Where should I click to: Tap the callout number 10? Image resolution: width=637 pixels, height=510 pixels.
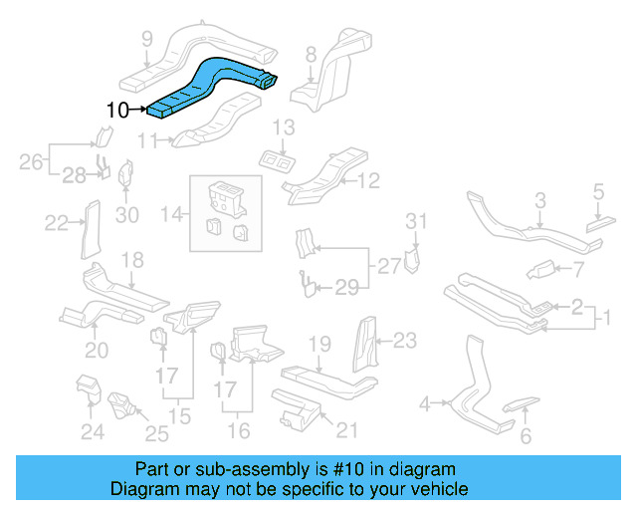pos(116,110)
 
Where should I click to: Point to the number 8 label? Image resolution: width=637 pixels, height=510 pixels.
pos(311,54)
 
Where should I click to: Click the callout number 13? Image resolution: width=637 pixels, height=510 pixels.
pos(284,127)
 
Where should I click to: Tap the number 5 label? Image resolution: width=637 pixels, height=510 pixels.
pos(598,191)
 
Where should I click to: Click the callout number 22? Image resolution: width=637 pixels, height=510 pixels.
pos(57,222)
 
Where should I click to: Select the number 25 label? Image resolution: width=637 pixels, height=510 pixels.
pos(157,432)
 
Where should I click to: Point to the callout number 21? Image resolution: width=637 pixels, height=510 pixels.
pos(345,430)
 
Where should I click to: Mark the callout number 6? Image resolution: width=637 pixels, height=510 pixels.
pos(527,434)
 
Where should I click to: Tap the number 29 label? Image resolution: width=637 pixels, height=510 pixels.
pos(345,288)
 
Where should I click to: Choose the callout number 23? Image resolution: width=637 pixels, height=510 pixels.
pos(403,341)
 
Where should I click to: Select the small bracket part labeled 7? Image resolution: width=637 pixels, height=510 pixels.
pos(544,268)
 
